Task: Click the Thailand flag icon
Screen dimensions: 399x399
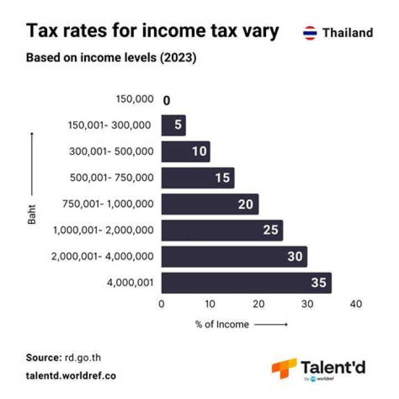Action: (x=310, y=33)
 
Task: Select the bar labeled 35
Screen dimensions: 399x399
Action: (x=246, y=283)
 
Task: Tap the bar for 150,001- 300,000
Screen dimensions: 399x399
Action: (x=173, y=125)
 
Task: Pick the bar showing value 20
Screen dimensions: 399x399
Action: (x=209, y=204)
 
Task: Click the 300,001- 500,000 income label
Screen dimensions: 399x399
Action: (x=111, y=151)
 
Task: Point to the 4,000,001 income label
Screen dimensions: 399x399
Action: (x=129, y=282)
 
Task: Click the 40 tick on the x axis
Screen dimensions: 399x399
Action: (x=356, y=304)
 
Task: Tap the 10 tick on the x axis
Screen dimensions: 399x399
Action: (x=210, y=304)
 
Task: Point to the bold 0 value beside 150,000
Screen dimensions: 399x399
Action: (x=166, y=100)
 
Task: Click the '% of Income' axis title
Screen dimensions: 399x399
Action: (x=222, y=324)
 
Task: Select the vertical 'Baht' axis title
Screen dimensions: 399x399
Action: (x=32, y=215)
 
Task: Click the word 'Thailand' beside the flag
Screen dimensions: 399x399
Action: (x=347, y=33)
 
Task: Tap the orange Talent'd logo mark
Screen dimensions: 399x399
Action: (x=283, y=368)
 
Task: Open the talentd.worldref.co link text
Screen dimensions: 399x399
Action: (x=71, y=375)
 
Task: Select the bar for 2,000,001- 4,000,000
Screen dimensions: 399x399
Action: (x=234, y=257)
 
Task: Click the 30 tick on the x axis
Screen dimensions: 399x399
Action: (x=307, y=304)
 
